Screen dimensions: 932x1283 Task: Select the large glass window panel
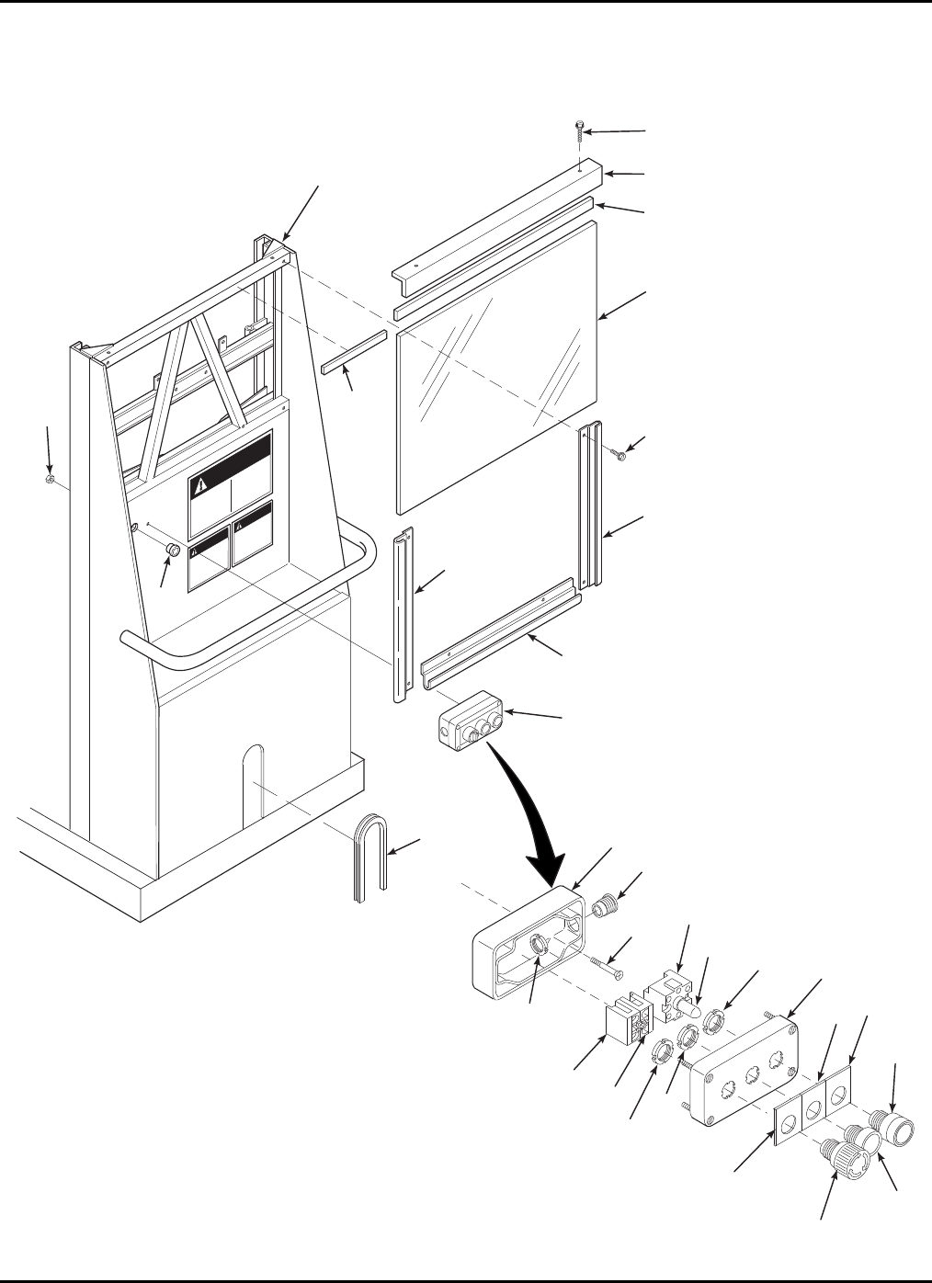point(497,367)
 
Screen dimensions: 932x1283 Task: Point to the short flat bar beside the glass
point(351,353)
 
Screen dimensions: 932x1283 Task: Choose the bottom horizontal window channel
point(500,635)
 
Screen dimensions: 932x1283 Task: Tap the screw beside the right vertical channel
point(619,454)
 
